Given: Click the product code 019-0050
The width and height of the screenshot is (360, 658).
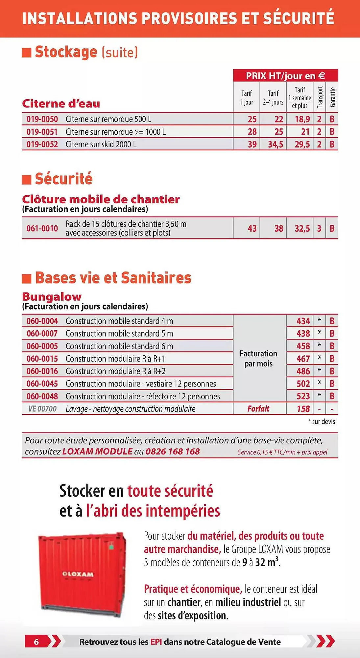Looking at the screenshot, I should click(42, 119).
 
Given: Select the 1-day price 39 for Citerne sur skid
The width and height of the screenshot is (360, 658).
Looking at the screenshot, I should click(252, 144).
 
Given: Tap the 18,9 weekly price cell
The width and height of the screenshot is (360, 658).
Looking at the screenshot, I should click(302, 119).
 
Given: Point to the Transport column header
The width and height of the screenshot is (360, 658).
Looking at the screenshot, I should click(320, 97).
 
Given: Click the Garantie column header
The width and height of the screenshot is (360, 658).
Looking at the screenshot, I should click(332, 97).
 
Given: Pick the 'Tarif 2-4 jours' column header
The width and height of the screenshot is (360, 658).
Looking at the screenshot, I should click(273, 98).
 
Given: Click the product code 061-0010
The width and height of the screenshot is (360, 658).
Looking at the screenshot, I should click(42, 228).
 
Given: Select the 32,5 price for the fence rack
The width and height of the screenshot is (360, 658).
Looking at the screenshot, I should click(302, 228).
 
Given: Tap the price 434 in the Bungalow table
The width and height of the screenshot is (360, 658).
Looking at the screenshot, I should click(303, 321).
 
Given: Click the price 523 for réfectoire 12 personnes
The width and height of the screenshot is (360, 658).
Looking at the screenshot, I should click(303, 396).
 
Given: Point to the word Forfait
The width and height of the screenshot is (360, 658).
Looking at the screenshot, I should click(258, 409).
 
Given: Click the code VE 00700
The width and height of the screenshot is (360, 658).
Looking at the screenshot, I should click(42, 409).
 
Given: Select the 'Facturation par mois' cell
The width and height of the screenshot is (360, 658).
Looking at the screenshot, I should click(258, 359).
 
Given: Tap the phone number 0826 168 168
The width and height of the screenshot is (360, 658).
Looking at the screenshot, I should click(173, 451).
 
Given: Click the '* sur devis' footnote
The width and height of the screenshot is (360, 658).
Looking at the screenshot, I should click(322, 422).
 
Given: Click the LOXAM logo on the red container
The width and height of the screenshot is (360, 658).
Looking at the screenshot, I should click(78, 574).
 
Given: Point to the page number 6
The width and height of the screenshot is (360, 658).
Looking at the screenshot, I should click(36, 642).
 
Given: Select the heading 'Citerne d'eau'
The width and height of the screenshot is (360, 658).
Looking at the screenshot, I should click(61, 104).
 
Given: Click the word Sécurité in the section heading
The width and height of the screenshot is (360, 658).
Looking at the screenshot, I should click(64, 179).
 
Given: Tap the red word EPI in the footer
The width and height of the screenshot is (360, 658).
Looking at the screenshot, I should click(156, 642).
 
